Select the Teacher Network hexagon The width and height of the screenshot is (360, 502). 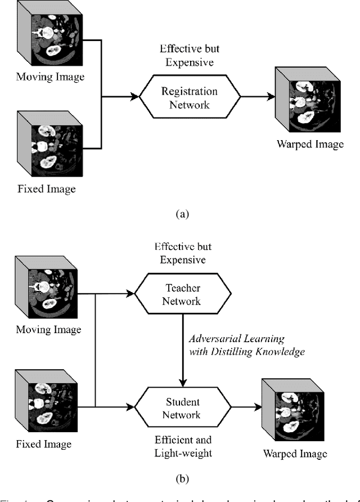(x=182, y=294)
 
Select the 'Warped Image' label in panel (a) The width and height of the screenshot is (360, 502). (x=310, y=144)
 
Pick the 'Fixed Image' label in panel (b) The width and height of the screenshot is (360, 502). (x=44, y=444)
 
